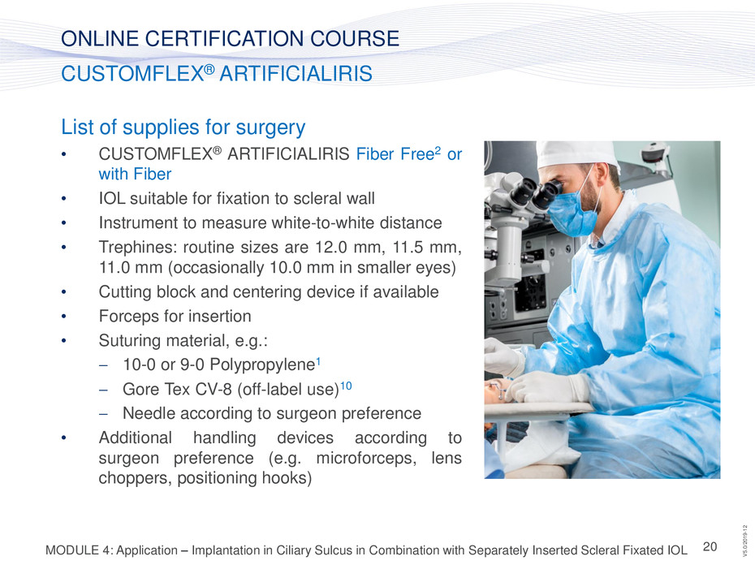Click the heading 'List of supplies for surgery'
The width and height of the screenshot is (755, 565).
pos(183,127)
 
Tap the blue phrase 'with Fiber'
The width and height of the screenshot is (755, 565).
pos(135,174)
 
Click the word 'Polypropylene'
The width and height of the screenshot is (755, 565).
pos(262,365)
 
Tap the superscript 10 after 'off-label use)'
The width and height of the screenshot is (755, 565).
pos(346,386)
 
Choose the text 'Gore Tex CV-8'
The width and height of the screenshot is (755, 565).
pos(177,389)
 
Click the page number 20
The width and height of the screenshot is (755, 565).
pos(710,546)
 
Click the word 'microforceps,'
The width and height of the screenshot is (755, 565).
pos(366,458)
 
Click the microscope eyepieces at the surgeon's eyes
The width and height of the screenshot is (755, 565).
pos(536,192)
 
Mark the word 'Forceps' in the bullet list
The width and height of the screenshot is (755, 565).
pos(129,317)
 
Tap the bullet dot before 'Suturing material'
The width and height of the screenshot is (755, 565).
pos(63,340)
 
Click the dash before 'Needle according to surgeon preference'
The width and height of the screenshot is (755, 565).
pos(103,414)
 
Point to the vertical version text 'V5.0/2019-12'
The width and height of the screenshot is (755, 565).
pos(745,541)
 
